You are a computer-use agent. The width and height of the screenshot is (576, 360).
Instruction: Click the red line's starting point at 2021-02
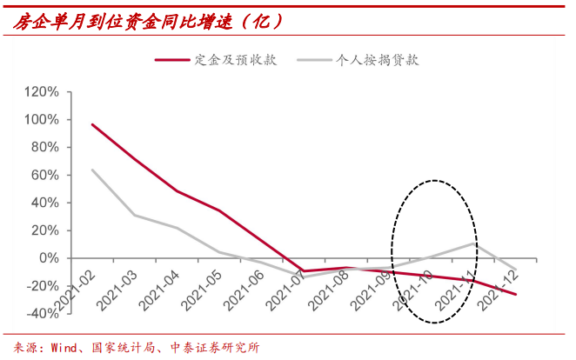coord(92,124)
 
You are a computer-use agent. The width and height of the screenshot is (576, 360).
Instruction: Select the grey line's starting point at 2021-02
coord(92,170)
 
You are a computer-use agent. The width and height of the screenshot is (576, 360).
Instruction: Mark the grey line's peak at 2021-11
coord(473,243)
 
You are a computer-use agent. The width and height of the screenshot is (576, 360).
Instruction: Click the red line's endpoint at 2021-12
coord(516,295)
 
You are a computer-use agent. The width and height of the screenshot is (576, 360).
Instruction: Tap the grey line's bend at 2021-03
coord(135,215)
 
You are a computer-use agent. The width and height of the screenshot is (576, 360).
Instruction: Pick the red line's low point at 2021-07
coord(304,271)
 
